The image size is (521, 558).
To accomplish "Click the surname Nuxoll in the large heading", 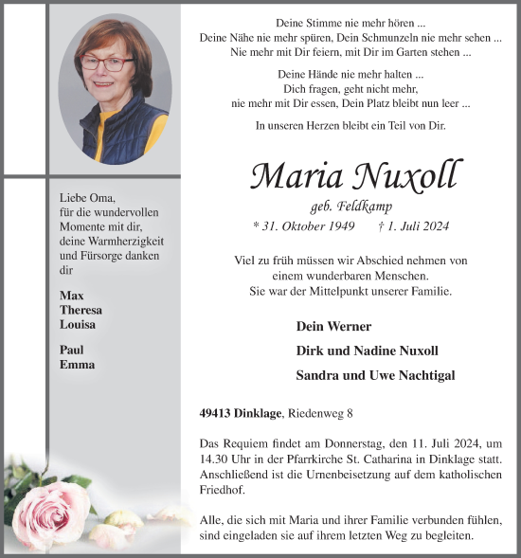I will [x=408, y=176].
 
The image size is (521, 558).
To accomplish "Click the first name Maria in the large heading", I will [x=296, y=176].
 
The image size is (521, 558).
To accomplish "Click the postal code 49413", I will [x=218, y=414].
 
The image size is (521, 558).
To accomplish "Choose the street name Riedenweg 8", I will [x=323, y=414].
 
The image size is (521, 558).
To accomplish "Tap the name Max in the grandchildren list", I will [x=70, y=296].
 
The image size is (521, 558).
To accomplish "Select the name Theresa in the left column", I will [x=81, y=310].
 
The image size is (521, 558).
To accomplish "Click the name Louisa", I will [x=78, y=324].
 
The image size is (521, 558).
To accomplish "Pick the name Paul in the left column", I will [x=72, y=350].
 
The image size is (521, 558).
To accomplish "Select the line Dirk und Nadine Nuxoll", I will [x=367, y=351].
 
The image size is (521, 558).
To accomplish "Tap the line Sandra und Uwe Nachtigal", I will [x=375, y=375].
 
